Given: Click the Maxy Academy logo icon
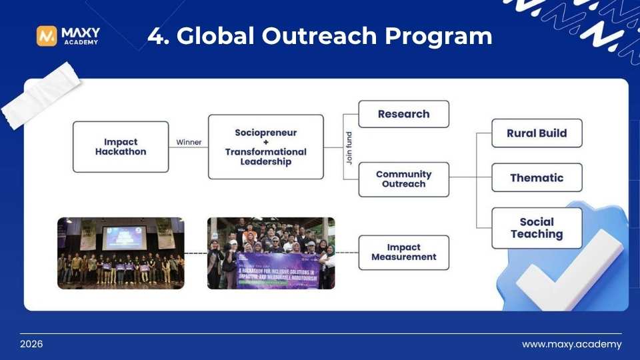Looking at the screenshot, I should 47,36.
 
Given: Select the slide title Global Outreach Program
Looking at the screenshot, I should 319,35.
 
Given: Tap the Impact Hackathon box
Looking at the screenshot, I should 121,147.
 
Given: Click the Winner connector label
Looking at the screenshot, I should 189,142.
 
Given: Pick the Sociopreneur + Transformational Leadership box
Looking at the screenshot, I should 265,147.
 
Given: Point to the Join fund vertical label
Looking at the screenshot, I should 349,147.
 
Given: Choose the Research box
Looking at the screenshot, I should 403,114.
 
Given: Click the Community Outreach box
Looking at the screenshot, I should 403,179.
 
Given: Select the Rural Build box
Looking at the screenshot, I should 537,133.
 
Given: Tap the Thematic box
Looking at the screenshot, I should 537,178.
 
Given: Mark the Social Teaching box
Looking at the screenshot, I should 537,228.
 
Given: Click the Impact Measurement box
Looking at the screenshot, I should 403,252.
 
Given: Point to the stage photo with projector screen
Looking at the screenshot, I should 121,253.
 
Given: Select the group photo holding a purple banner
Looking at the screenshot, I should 271,253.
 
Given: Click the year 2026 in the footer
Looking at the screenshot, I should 31,345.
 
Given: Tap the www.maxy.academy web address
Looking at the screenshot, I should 571,345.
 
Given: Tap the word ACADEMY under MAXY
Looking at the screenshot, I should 80,43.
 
